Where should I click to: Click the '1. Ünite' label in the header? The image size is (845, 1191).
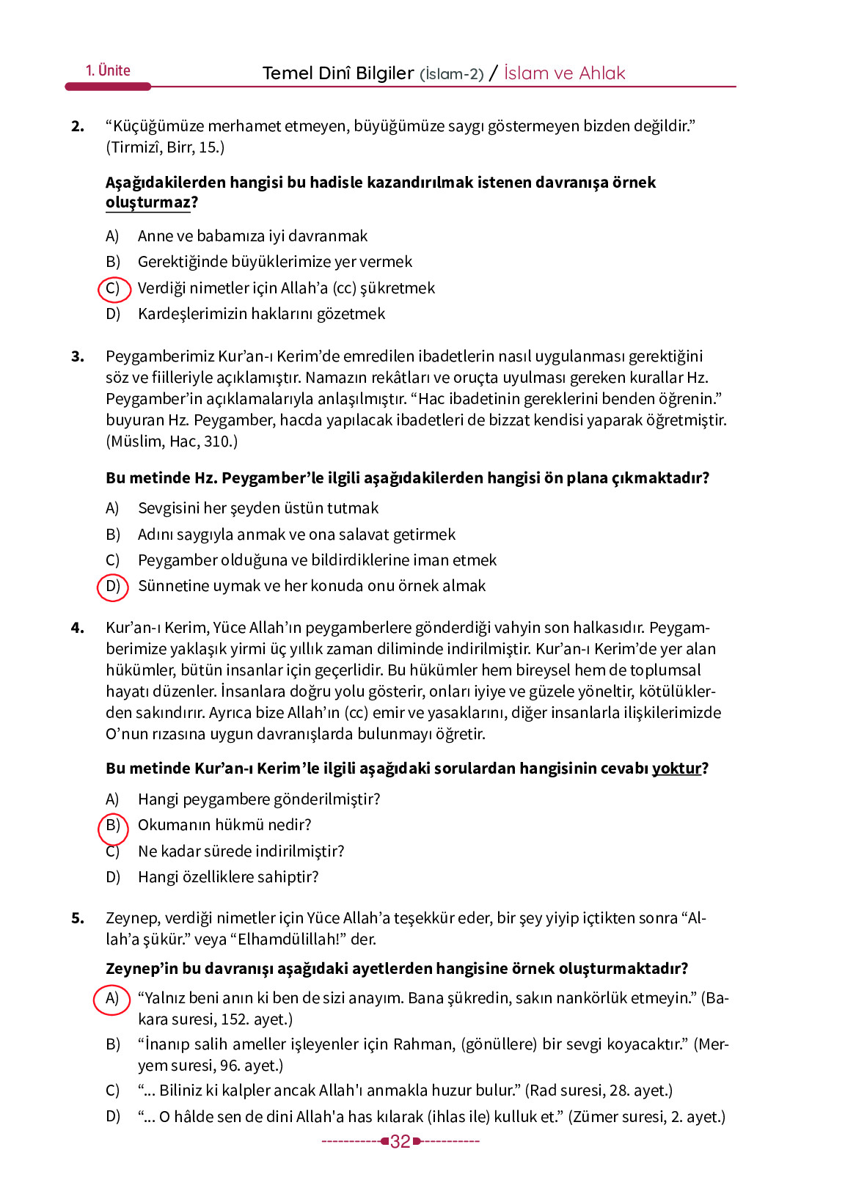[x=108, y=70]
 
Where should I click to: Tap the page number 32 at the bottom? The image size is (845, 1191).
[x=400, y=1141]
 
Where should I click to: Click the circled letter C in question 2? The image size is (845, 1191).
[x=113, y=288]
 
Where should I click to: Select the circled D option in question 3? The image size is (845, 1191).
[x=113, y=586]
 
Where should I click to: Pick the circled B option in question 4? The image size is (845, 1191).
[x=113, y=826]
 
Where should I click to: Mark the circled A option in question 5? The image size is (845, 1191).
[x=112, y=999]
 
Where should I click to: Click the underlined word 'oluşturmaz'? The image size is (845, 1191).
[x=147, y=202]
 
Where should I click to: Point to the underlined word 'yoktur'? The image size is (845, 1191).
[x=676, y=769]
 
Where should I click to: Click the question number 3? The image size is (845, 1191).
[x=78, y=357]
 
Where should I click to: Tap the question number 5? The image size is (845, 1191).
[x=78, y=918]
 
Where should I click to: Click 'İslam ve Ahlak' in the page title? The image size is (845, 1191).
[x=564, y=73]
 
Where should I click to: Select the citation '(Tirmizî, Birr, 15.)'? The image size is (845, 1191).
[x=165, y=147]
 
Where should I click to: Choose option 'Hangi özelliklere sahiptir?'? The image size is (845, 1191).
[x=228, y=877]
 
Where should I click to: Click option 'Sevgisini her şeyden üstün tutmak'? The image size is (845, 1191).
[x=258, y=508]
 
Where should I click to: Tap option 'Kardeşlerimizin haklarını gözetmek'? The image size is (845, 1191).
[x=261, y=314]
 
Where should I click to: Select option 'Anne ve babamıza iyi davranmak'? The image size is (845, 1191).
[x=252, y=236]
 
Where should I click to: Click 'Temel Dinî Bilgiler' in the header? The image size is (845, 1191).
[x=338, y=73]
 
